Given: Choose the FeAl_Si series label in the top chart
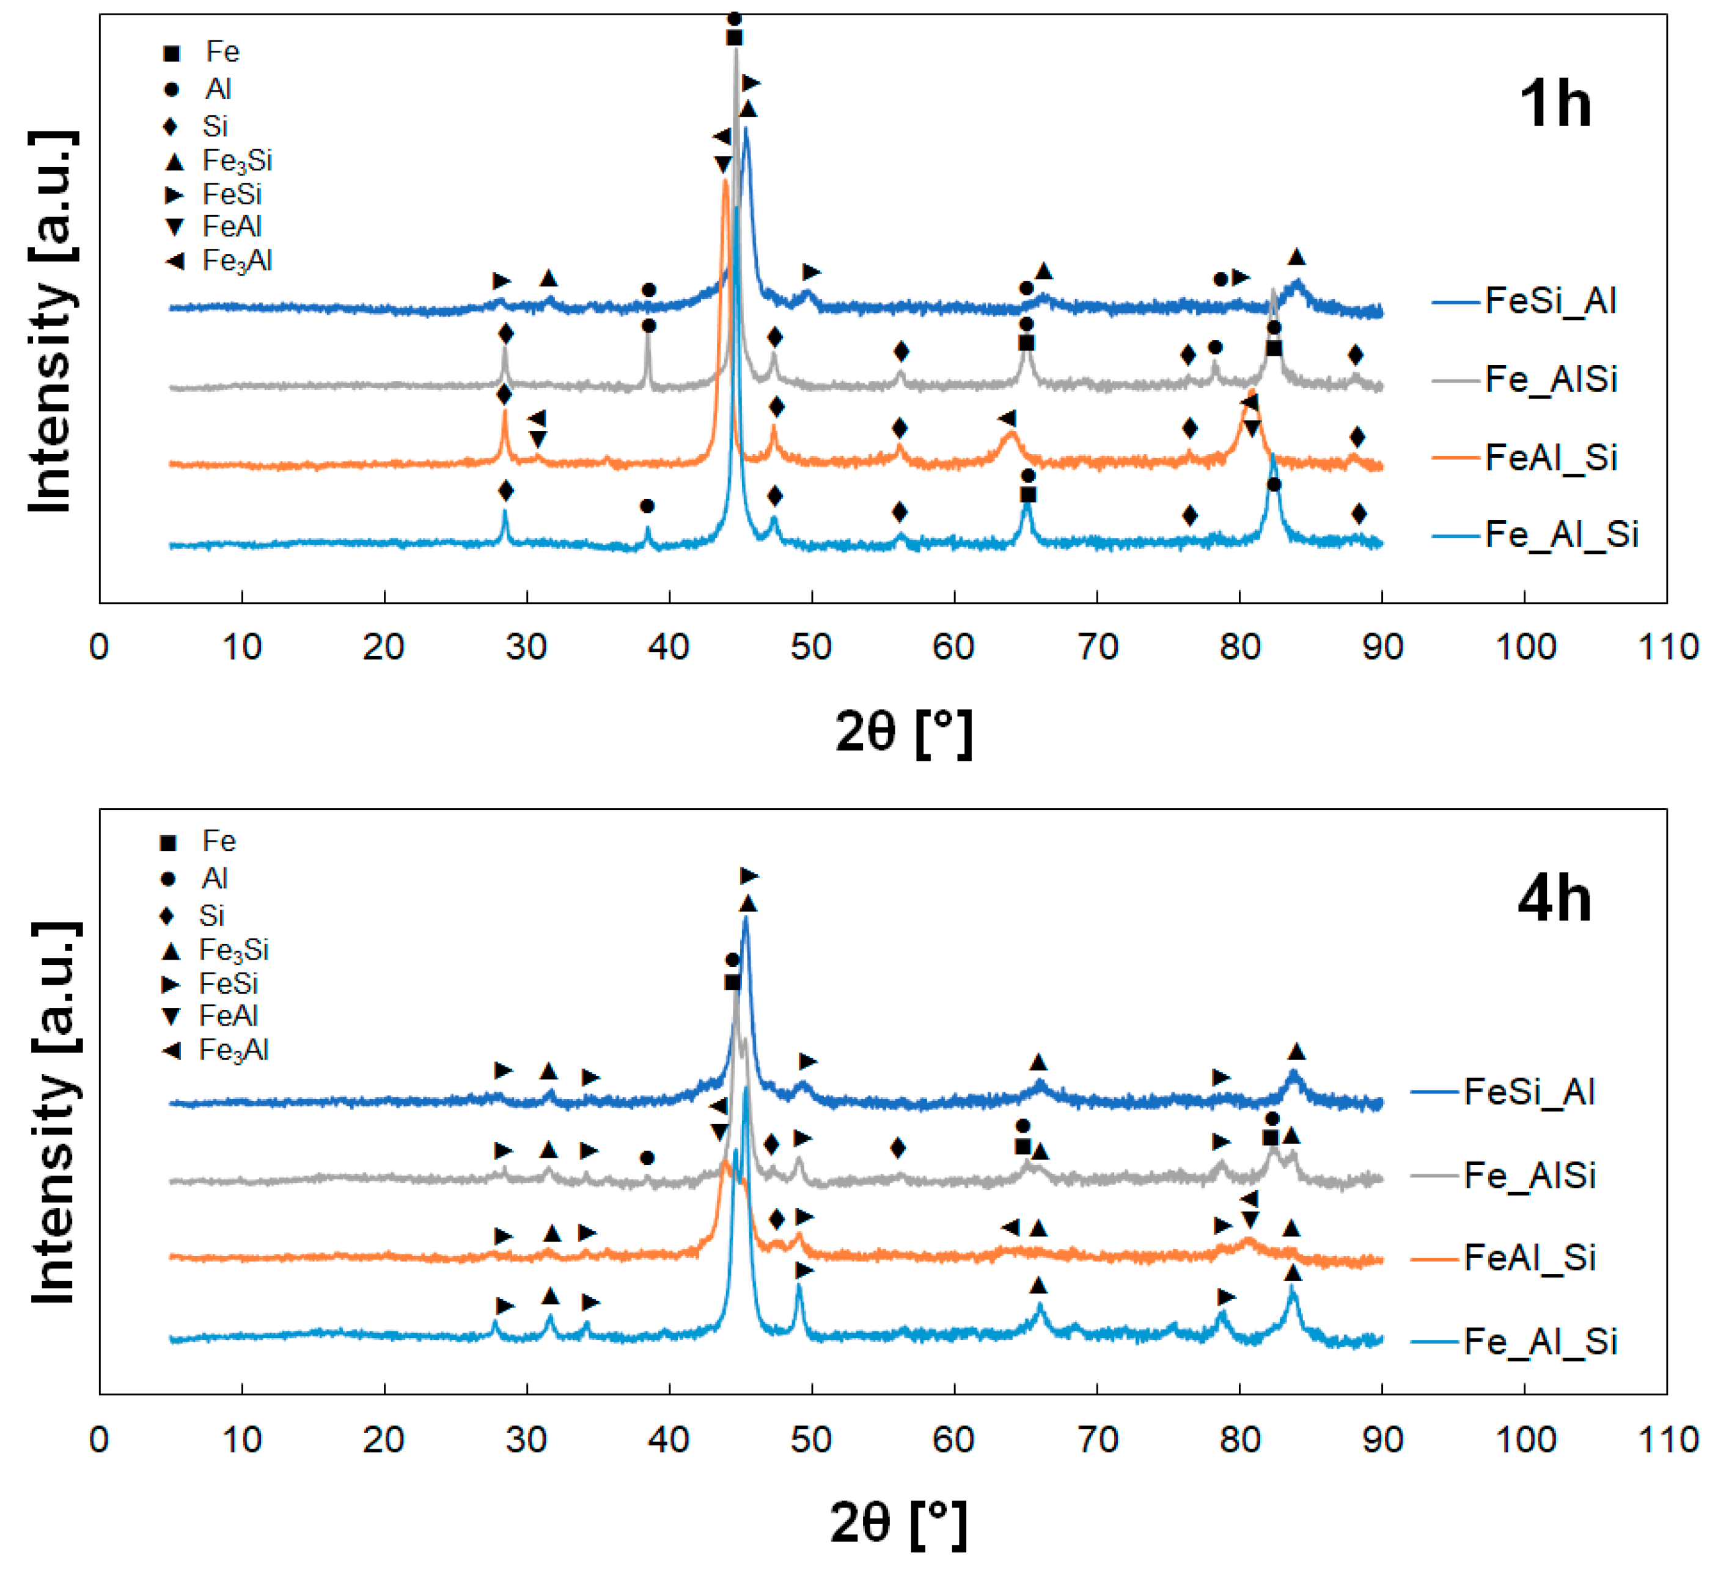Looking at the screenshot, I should (x=1551, y=458).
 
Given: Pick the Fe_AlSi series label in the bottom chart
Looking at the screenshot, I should (x=1530, y=1175).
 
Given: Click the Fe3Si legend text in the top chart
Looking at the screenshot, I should (x=237, y=161).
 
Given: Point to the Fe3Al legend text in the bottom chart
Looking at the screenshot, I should (x=233, y=1050).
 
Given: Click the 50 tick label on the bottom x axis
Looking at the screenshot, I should (x=810, y=1440).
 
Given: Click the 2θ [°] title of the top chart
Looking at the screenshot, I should (x=903, y=731).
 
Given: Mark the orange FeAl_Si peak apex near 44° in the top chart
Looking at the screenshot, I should (x=724, y=182).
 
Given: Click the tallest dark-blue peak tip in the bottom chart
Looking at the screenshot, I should (x=746, y=919).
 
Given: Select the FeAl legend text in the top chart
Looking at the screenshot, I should (x=232, y=227).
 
